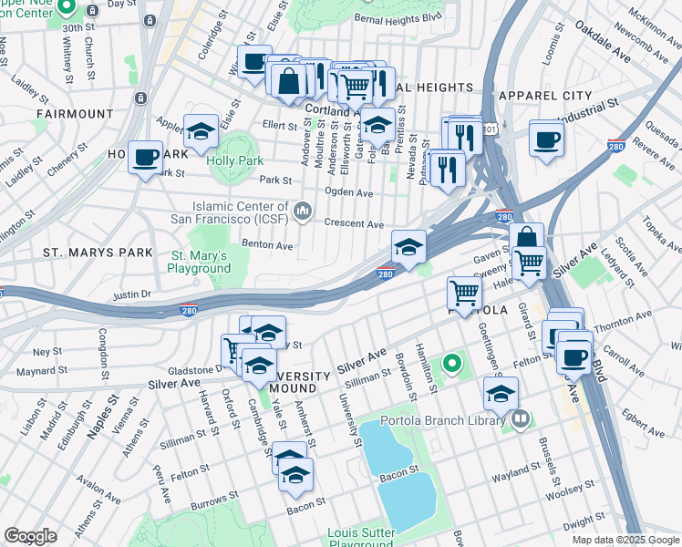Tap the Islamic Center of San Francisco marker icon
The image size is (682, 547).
[x=304, y=212]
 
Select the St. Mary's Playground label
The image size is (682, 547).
[x=200, y=262]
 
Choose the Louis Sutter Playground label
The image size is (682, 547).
[x=361, y=538]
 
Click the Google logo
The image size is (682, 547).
[x=30, y=536]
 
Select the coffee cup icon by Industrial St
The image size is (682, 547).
[x=546, y=139]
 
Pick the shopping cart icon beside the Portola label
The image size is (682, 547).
[x=465, y=293]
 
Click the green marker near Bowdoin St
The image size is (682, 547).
[x=451, y=366]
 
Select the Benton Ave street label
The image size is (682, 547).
[x=266, y=245]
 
